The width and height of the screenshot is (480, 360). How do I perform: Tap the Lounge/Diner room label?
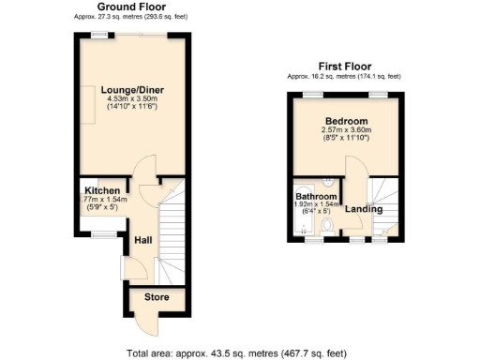pyautogui.click(x=130, y=90)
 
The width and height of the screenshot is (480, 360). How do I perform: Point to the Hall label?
pyautogui.click(x=142, y=240)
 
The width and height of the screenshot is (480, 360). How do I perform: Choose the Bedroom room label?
pyautogui.click(x=346, y=122)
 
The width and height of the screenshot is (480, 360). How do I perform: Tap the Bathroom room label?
pyautogui.click(x=316, y=196)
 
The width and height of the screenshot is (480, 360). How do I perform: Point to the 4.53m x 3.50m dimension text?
pyautogui.click(x=130, y=100)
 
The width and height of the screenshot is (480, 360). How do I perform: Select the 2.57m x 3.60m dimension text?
pyautogui.click(x=346, y=131)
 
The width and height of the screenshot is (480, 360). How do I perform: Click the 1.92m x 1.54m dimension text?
pyautogui.click(x=316, y=204)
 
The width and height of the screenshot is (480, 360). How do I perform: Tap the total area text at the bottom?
pyautogui.click(x=236, y=353)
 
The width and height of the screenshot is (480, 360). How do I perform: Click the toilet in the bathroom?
pyautogui.click(x=325, y=225)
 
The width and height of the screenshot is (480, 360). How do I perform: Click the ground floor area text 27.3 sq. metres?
pyautogui.click(x=127, y=17)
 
